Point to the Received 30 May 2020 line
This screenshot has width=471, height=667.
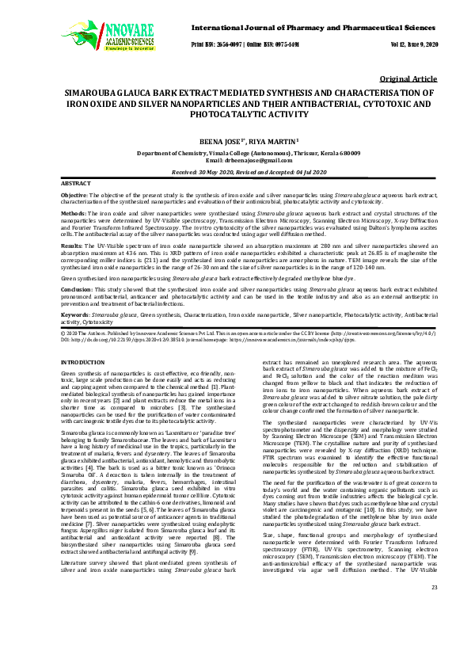tap(235, 171)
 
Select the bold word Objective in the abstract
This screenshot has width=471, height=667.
tap(74, 195)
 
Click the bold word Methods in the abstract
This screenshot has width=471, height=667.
tap(73, 214)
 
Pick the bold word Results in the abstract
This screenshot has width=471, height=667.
tap(72, 246)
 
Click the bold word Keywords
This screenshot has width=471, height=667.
tap(75, 314)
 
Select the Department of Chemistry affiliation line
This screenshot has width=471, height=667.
tap(235, 152)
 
